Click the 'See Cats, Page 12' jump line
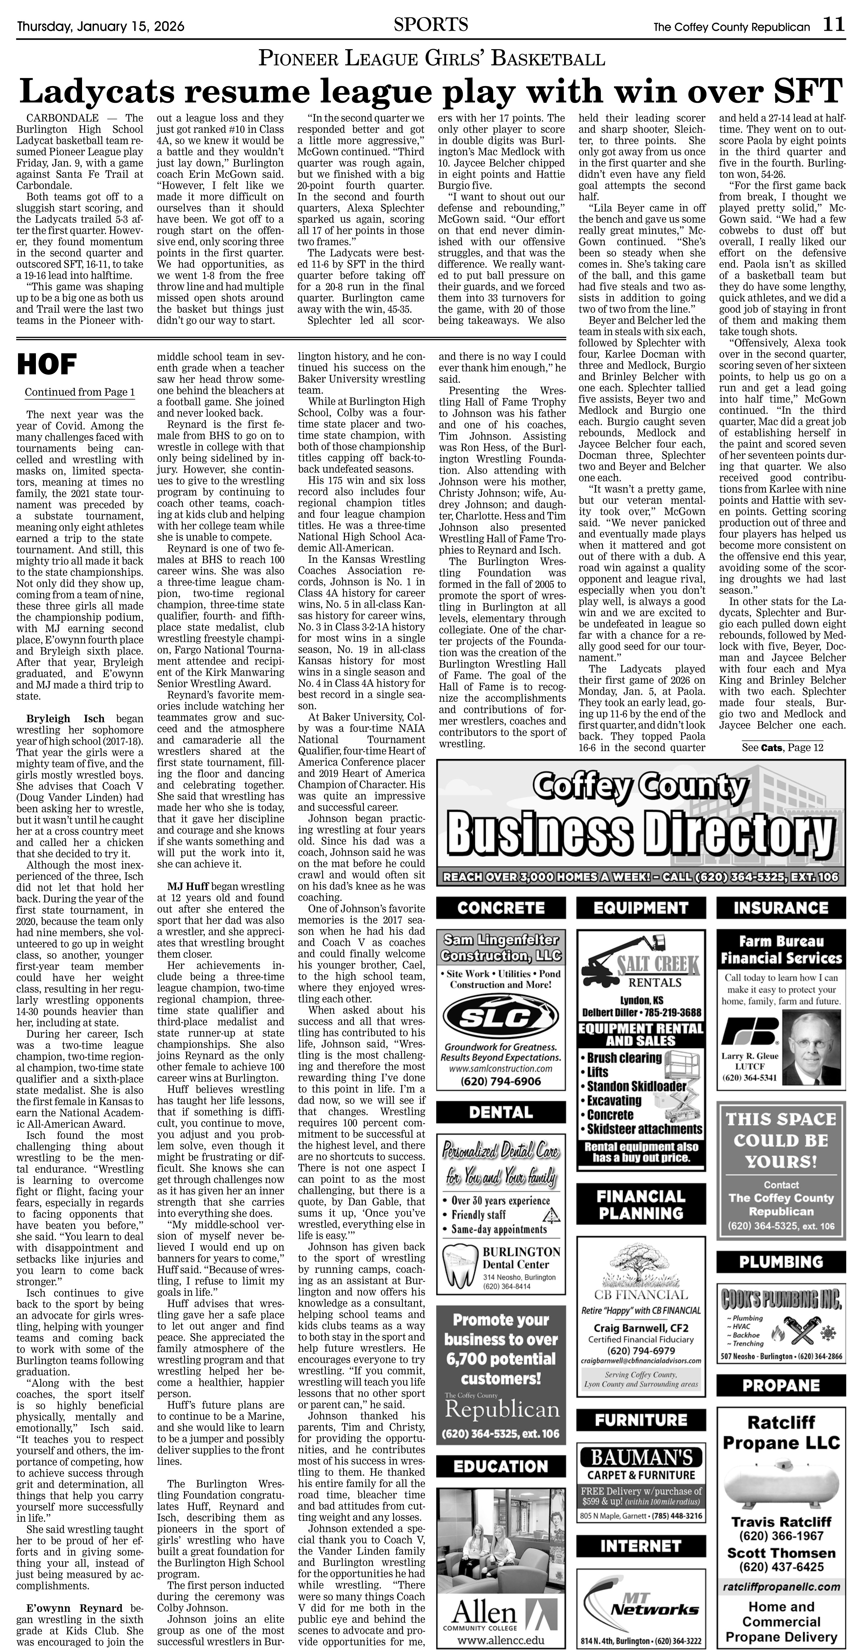click(782, 748)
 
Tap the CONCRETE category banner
click(501, 908)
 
